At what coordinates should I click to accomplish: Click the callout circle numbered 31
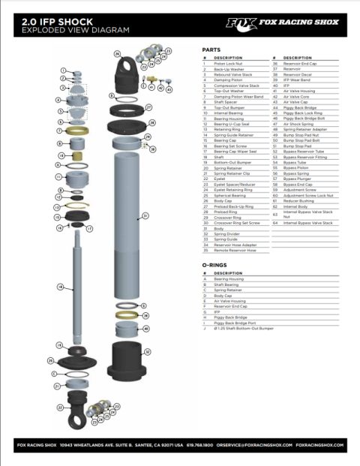coord(145,216)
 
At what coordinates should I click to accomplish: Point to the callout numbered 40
coord(145,329)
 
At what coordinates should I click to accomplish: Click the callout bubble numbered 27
coord(149,107)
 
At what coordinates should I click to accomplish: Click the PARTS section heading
coord(211,50)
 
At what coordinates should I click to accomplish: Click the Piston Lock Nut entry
coord(229,64)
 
